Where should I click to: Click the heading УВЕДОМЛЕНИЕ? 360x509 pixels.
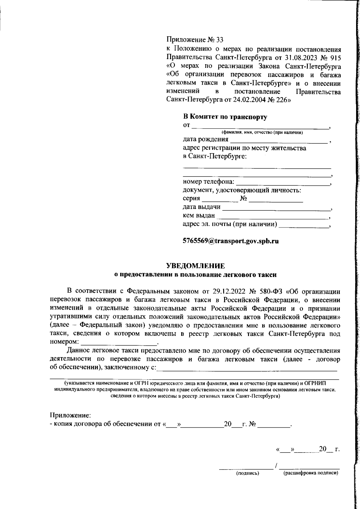[x=195, y=266]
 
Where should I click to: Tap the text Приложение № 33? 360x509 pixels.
[x=195, y=40]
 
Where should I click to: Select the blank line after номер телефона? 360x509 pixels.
[x=283, y=182]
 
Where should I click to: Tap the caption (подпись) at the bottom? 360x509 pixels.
[x=247, y=473]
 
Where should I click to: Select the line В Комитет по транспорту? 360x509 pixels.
[x=225, y=117]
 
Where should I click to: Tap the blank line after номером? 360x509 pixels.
[x=119, y=342]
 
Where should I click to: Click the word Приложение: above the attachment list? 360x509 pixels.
[x=70, y=416]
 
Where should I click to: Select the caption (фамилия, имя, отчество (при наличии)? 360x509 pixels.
[x=262, y=133]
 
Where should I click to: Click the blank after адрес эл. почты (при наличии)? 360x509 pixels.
[x=304, y=225]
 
